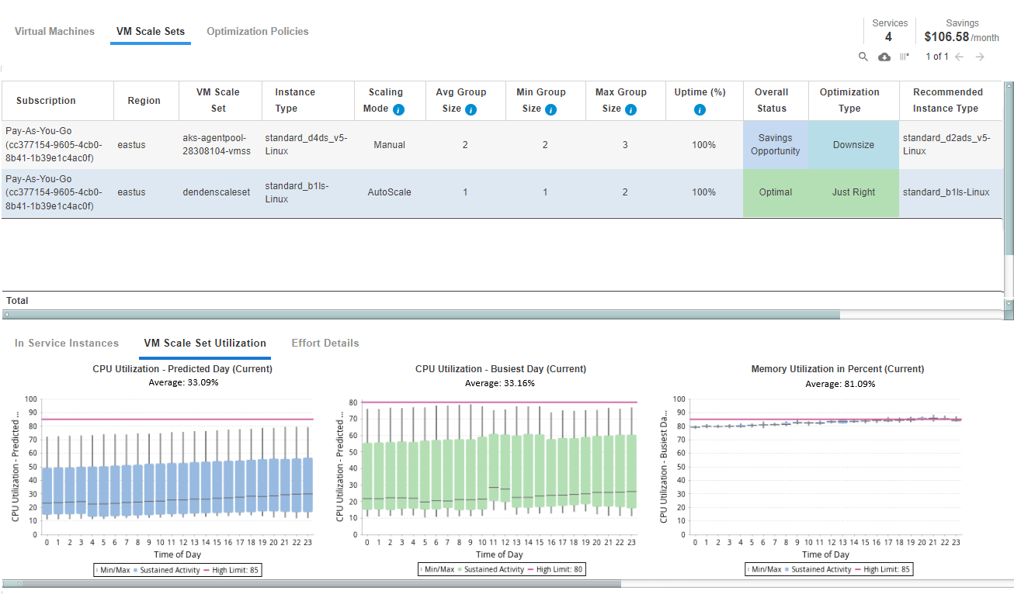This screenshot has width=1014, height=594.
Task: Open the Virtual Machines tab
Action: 54,31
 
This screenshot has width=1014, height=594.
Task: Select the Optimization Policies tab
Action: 258,31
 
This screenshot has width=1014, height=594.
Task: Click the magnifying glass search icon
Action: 863,57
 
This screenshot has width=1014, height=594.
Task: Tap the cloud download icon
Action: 884,57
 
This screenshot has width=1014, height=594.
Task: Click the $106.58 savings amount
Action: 946,37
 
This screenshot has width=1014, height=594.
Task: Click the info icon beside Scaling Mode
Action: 398,109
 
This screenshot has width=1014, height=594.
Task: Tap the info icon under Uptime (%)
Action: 700,109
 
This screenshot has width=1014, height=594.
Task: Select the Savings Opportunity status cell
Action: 776,145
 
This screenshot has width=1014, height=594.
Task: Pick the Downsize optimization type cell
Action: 854,145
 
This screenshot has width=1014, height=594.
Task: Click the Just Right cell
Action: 854,192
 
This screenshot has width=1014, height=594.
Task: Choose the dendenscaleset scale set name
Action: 217,192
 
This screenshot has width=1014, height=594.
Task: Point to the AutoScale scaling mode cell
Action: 389,192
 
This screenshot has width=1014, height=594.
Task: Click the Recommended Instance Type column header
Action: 947,100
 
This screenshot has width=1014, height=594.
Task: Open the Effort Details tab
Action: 325,343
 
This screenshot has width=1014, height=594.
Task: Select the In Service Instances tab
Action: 67,343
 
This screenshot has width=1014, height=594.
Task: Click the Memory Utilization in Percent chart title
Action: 838,369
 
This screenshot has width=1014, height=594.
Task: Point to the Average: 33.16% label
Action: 500,383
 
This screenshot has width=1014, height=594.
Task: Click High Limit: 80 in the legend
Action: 559,570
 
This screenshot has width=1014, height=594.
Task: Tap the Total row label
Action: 17,301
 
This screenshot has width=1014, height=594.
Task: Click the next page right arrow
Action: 980,57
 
